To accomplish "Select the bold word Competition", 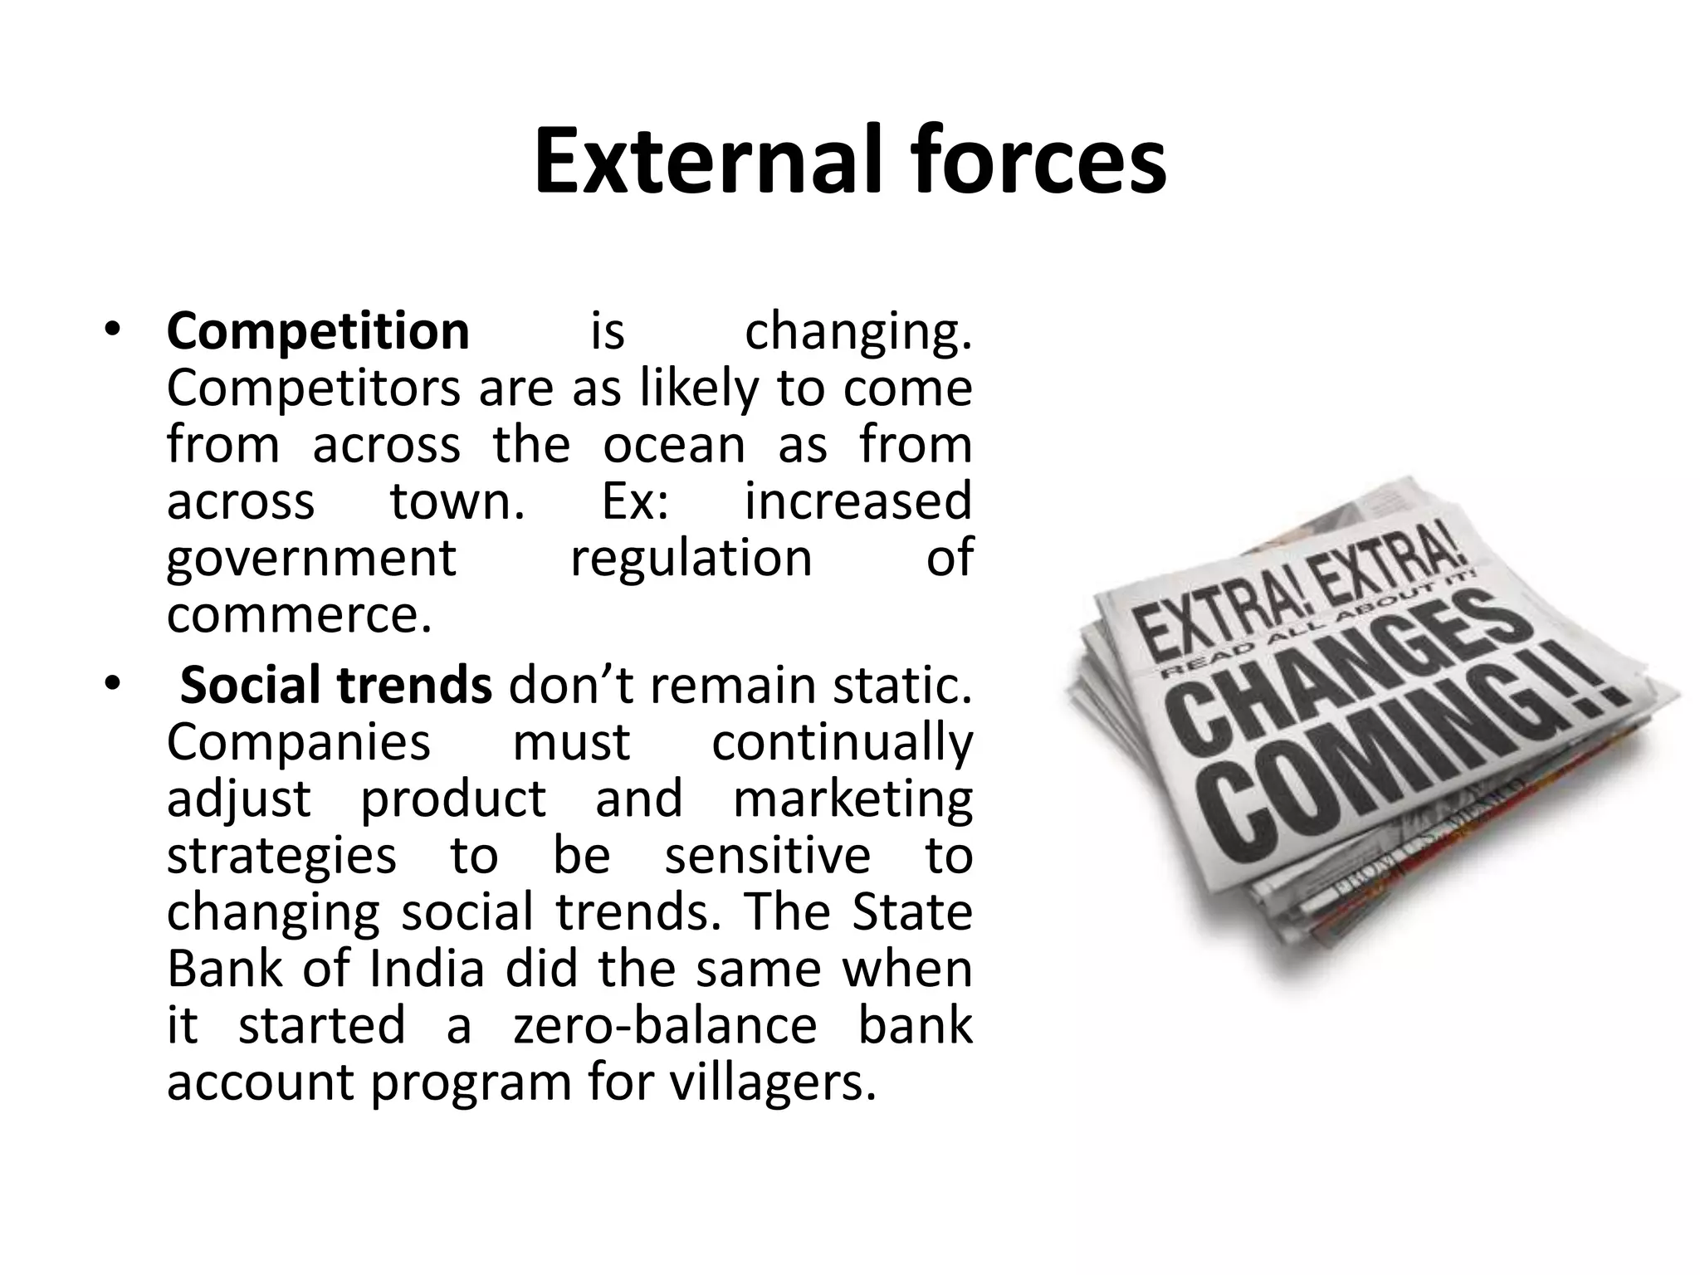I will (x=318, y=331).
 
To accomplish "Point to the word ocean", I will (x=674, y=444).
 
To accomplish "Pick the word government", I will (x=311, y=558).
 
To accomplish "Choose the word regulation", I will (x=691, y=558).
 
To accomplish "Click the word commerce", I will (x=300, y=614).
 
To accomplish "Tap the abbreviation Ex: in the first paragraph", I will (x=634, y=501).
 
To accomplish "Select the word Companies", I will (x=299, y=741).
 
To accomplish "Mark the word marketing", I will (x=852, y=799).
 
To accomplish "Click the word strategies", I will (x=281, y=855).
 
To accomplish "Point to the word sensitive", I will (x=768, y=855).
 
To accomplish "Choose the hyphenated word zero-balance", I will (x=665, y=1024).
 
